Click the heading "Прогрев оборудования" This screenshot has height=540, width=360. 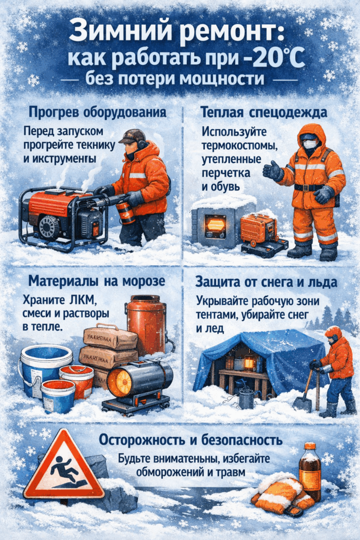click(98, 112)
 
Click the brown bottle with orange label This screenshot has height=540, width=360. click(309, 471)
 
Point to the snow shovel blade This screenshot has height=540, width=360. click(303, 403)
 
